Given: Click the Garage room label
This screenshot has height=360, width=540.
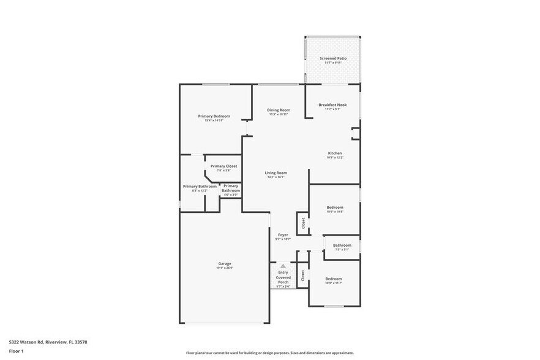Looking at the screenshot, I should click(x=225, y=263).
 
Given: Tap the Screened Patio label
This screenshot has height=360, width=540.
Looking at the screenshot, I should click(x=333, y=58).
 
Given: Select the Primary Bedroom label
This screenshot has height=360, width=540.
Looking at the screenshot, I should click(x=214, y=116).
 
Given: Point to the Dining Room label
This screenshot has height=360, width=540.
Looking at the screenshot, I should click(x=279, y=110).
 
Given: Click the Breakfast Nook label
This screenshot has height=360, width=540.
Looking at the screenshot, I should click(x=332, y=105).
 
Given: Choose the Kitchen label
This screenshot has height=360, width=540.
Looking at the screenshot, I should click(x=335, y=153).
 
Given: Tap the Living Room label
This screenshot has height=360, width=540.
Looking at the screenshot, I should click(x=276, y=173).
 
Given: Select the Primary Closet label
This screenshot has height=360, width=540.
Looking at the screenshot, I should click(x=223, y=166).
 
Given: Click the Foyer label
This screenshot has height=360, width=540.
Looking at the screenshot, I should click(x=283, y=235).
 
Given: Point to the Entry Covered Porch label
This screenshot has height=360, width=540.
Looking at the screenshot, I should click(x=283, y=277).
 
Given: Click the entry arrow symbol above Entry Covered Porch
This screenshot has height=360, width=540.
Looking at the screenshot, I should click(x=283, y=266).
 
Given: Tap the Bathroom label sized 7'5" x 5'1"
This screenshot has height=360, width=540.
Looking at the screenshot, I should click(x=342, y=245).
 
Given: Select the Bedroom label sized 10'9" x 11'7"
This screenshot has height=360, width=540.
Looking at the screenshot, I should click(x=334, y=279).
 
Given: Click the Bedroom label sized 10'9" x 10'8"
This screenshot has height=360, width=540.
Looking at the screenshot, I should click(x=335, y=207).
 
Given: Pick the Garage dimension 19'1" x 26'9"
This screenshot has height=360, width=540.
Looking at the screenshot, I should click(x=225, y=268).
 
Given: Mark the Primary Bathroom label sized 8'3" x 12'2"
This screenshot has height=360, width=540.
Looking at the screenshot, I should click(x=200, y=186).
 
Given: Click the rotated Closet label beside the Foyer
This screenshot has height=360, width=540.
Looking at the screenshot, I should click(x=302, y=223).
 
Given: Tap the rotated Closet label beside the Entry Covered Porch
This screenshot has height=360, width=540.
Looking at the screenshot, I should click(x=302, y=276).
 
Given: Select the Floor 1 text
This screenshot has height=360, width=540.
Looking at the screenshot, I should click(x=16, y=351).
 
